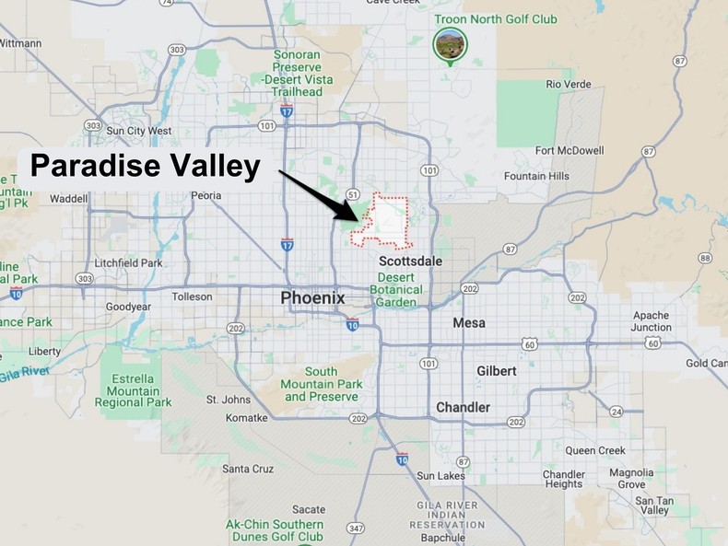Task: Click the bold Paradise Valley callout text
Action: pos(146,167)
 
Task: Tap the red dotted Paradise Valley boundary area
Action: pos(387,222)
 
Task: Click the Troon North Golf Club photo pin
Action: pos(449,42)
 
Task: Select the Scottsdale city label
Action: pos(411,261)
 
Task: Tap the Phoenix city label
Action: pos(312,298)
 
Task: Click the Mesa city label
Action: pos(469,323)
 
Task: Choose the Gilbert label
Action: pos(496,371)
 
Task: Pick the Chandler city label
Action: pos(463,407)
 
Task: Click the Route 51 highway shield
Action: pos(353,194)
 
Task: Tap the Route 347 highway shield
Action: pos(356,529)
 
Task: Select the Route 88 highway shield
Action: pos(705,258)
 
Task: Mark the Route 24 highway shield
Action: pos(615,411)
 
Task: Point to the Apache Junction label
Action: pos(651,321)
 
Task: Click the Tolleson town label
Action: pos(192,296)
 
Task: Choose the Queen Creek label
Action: pos(595,450)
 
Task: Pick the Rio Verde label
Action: pos(568,84)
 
